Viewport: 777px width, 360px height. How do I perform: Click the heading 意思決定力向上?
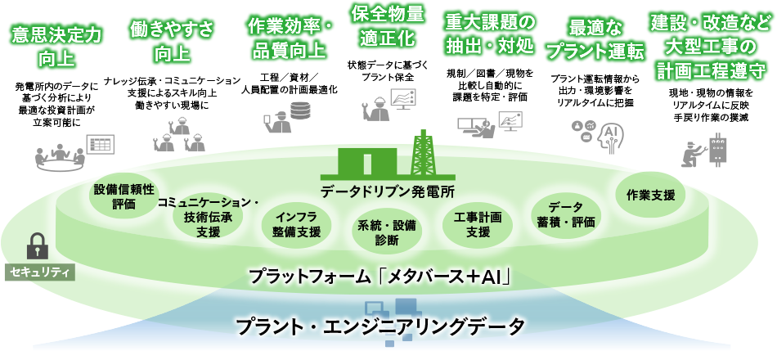56,47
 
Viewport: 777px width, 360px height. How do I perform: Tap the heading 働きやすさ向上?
172,42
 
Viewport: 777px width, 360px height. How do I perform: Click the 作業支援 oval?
651,195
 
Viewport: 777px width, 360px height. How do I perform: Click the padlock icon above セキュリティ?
38,245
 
